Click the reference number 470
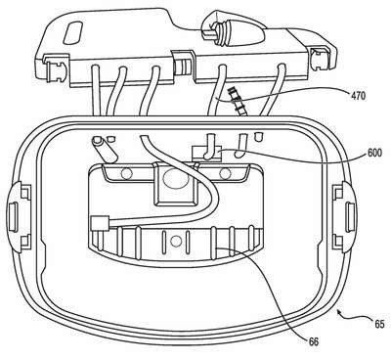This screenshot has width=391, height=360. pos(358,96)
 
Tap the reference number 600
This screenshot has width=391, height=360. pos(374,153)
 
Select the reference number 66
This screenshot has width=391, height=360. pos(314,341)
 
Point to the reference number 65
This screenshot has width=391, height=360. pos(379,324)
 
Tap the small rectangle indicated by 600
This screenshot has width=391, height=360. pos(206,154)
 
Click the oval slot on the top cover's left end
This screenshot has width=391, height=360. pos(73,32)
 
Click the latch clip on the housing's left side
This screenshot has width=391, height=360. pos(19,214)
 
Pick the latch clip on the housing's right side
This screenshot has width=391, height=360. pos(345,215)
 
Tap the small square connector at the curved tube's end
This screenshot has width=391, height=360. pos(97,223)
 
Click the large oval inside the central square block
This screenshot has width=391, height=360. pos(176,178)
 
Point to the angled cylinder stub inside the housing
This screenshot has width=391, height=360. pos(105,150)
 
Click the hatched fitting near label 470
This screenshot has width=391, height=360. pos(237,101)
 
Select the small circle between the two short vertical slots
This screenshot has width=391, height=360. pos(176,242)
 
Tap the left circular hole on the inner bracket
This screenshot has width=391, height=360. pos(127,174)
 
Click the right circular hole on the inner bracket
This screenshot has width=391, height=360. pos(225,174)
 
